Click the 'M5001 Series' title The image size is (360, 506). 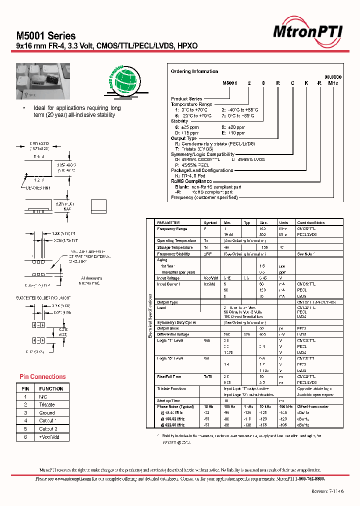click(46, 36)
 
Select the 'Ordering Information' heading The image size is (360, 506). click(194, 71)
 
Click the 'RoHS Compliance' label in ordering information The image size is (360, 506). click(191, 181)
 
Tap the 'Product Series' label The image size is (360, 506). click(186, 98)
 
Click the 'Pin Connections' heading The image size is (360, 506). click(42, 376)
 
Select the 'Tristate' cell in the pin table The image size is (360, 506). click(47, 404)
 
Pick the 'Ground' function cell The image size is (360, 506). click(47, 412)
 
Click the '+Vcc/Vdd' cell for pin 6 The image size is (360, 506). click(49, 436)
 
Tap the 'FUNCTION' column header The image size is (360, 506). click(51, 388)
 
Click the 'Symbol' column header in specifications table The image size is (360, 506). click(210, 222)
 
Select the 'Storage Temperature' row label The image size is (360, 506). click(174, 247)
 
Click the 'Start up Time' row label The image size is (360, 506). click(168, 400)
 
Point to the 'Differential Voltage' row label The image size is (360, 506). click(173, 334)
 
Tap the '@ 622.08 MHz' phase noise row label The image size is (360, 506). click(172, 425)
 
